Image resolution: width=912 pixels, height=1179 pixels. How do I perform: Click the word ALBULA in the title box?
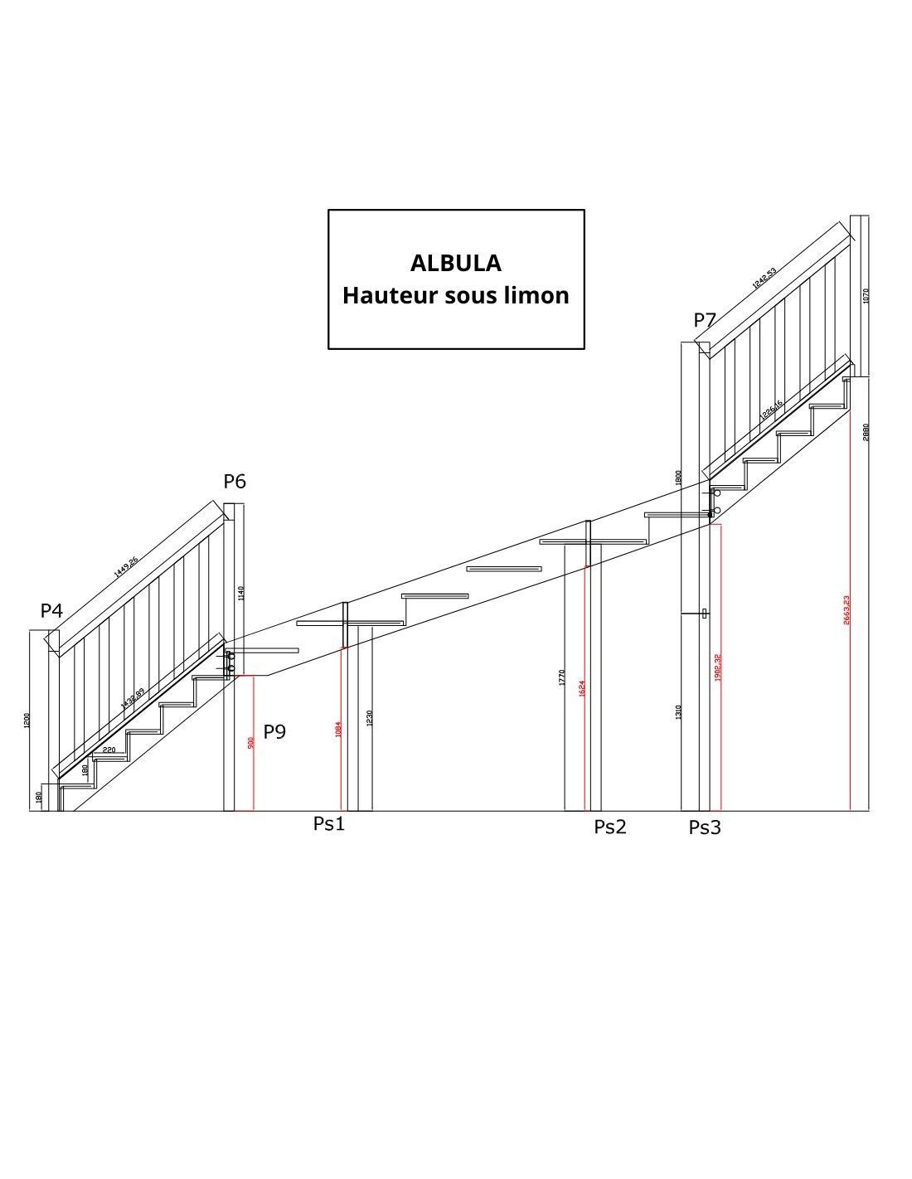tap(456, 263)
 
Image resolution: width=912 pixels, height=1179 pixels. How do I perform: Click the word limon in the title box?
tap(541, 295)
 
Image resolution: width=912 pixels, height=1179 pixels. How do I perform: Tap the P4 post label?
tap(51, 611)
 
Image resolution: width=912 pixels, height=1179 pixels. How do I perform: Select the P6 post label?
tap(235, 482)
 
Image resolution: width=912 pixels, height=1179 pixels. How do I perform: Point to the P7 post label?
tap(705, 320)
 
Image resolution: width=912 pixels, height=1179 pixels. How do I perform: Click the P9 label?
tap(274, 731)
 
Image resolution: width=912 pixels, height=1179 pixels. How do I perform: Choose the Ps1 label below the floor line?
tap(328, 824)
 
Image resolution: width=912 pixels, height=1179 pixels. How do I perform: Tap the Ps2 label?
tap(610, 827)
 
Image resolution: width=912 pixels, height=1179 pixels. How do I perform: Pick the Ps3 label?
tap(705, 827)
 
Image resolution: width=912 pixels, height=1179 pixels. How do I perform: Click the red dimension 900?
tap(251, 742)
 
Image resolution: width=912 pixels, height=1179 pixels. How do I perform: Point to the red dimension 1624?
tap(582, 687)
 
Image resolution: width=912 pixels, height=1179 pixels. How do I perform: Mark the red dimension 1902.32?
tap(717, 667)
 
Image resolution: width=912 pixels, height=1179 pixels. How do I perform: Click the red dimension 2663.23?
tap(847, 609)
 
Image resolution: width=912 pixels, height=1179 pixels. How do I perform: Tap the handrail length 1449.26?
tap(126, 567)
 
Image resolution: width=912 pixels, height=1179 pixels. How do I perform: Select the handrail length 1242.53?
tap(764, 279)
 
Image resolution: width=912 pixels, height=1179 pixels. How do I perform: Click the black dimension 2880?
tap(866, 432)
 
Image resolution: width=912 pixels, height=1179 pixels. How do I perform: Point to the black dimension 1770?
tap(562, 677)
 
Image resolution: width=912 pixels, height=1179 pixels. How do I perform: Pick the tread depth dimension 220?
tap(109, 750)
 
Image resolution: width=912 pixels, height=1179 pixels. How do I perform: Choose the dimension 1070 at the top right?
tap(866, 295)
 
